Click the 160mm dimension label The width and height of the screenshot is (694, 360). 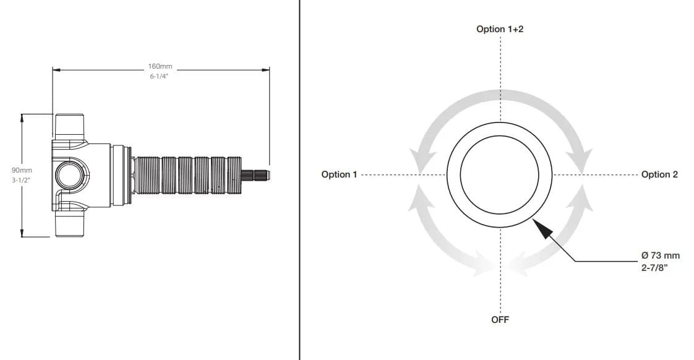point(160,66)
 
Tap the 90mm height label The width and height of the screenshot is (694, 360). point(22,170)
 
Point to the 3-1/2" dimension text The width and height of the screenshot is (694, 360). point(22,180)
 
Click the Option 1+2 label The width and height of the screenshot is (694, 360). point(500,29)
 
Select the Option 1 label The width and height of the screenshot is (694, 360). point(339,174)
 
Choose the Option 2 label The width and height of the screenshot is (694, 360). point(659,174)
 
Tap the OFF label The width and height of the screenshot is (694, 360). point(500,320)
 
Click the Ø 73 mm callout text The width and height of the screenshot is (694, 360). point(660,255)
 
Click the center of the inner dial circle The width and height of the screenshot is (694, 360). point(500,174)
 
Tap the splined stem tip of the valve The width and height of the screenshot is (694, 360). point(258,174)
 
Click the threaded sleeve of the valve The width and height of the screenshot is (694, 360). point(188,175)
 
